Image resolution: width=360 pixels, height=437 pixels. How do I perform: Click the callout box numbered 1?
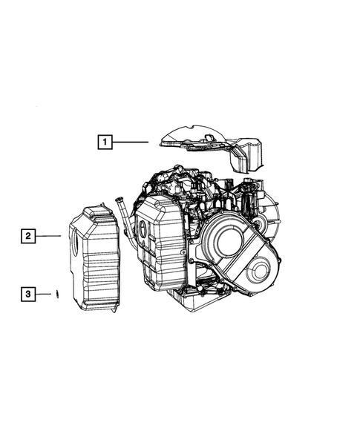(105, 142)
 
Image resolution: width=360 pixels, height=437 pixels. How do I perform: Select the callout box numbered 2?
(28, 236)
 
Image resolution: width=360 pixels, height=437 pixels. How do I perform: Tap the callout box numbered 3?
(28, 294)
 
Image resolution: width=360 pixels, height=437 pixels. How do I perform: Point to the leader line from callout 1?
(130, 142)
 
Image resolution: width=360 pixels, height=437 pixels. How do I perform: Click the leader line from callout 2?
(48, 236)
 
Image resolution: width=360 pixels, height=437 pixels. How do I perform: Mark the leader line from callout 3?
(43, 294)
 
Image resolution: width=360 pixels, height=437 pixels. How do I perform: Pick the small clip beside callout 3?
(57, 294)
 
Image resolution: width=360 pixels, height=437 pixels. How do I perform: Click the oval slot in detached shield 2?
(75, 243)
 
